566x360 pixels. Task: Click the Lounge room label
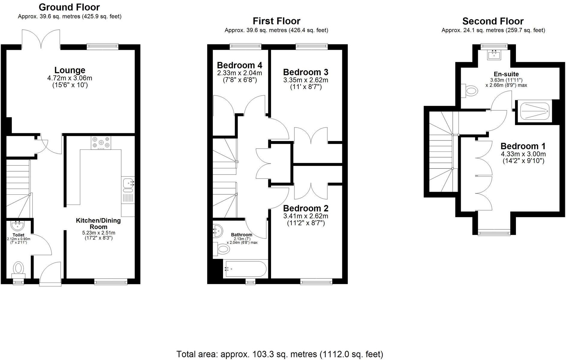coord(70,70)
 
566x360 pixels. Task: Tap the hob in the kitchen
coord(101,143)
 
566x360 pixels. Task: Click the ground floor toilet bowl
coord(19,267)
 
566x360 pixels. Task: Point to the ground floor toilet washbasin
coord(18,225)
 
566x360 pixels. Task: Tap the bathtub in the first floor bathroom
coord(245,269)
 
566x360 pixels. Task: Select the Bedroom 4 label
coord(239,65)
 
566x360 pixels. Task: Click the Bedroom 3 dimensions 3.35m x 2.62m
coord(305,80)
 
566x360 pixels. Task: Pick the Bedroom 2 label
coord(305,208)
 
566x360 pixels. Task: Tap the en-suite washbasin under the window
coord(494,55)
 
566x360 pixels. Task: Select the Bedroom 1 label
coord(523,146)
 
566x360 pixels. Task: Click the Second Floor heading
coord(493,21)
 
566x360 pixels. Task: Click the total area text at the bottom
coord(280,354)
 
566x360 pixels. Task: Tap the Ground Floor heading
coord(69,7)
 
